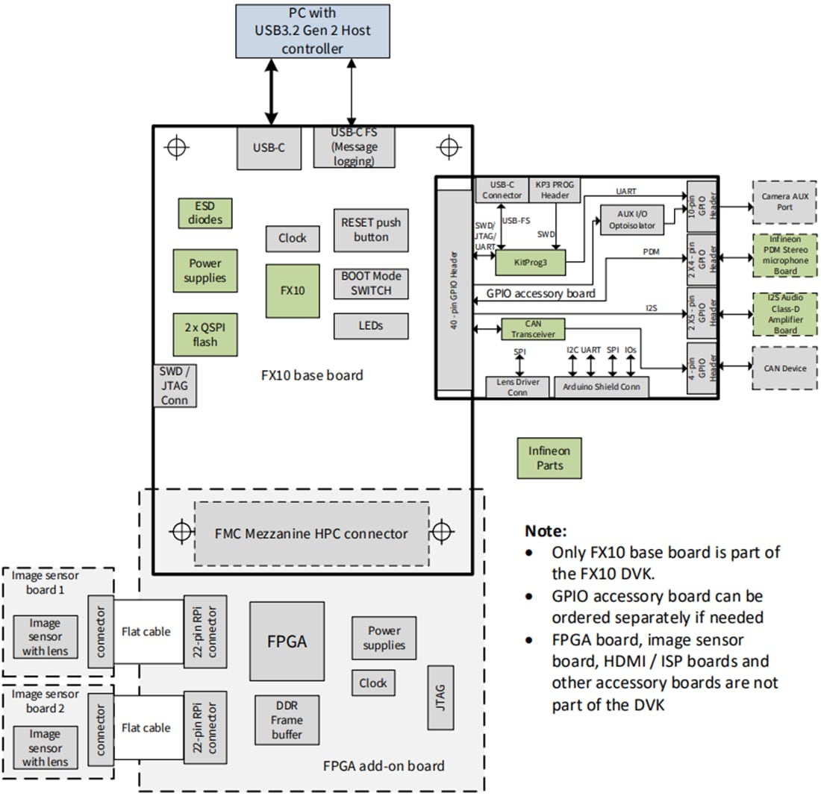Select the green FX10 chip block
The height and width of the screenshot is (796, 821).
point(292,290)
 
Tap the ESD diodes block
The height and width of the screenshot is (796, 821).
point(205,213)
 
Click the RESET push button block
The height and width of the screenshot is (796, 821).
point(370,230)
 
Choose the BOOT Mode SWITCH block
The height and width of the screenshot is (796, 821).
point(370,283)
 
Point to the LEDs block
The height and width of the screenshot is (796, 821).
point(370,325)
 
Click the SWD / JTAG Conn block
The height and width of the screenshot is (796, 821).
point(175,386)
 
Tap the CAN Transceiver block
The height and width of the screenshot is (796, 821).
point(533,329)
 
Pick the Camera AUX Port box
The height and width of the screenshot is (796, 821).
point(784,201)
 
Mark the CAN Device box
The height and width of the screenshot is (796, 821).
point(784,368)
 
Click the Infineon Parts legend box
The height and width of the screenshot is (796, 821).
point(549,458)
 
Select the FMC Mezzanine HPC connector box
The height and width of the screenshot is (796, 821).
point(311,533)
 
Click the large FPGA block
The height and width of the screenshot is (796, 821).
point(287,641)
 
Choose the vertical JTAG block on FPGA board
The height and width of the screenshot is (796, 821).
point(440,698)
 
